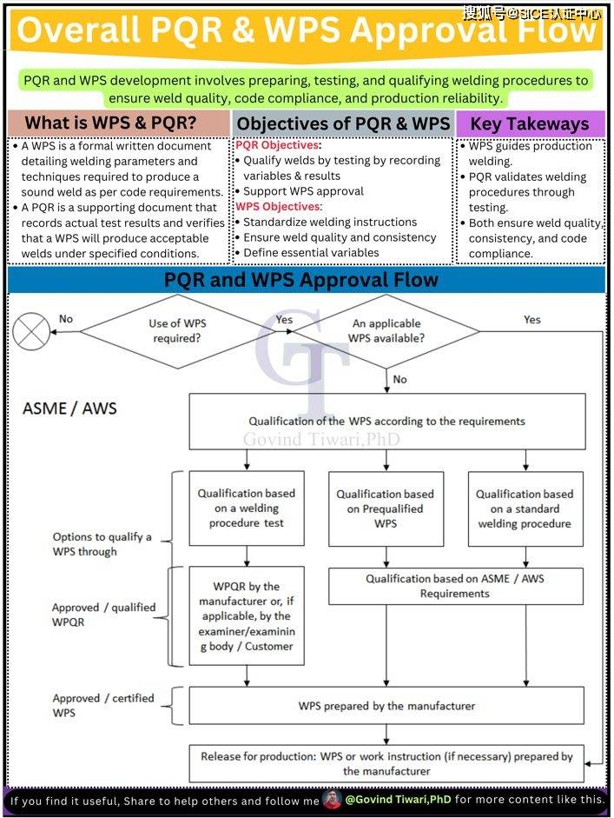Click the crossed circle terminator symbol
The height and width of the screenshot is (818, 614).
pyautogui.click(x=31, y=331)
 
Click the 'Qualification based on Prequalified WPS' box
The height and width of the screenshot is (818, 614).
pyautogui.click(x=386, y=509)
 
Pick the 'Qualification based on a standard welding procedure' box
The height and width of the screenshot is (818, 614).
pyautogui.click(x=525, y=509)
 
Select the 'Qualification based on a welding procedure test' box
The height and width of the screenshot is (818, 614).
pyautogui.click(x=247, y=509)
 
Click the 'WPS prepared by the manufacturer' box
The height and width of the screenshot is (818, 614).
pyautogui.click(x=386, y=705)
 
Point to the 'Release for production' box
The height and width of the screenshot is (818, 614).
pyautogui.click(x=386, y=763)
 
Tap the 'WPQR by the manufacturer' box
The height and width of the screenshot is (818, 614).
pyautogui.click(x=247, y=615)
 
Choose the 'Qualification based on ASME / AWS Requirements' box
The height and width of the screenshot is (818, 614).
pyautogui.click(x=456, y=586)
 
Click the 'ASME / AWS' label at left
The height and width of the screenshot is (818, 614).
pyautogui.click(x=69, y=408)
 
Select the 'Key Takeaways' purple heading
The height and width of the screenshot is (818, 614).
pyautogui.click(x=530, y=123)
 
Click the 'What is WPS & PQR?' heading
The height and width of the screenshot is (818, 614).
pyautogui.click(x=111, y=123)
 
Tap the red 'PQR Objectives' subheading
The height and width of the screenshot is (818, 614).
pyautogui.click(x=278, y=145)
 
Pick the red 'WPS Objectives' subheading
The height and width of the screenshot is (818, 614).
pyautogui.click(x=279, y=207)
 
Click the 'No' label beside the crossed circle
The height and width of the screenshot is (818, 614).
pyautogui.click(x=66, y=319)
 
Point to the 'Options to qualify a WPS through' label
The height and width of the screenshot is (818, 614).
pyautogui.click(x=102, y=544)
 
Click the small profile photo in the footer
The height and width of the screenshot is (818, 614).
pyautogui.click(x=332, y=799)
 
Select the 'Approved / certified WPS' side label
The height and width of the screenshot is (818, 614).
pyautogui.click(x=103, y=705)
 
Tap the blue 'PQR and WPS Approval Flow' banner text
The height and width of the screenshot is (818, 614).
pyautogui.click(x=301, y=280)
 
